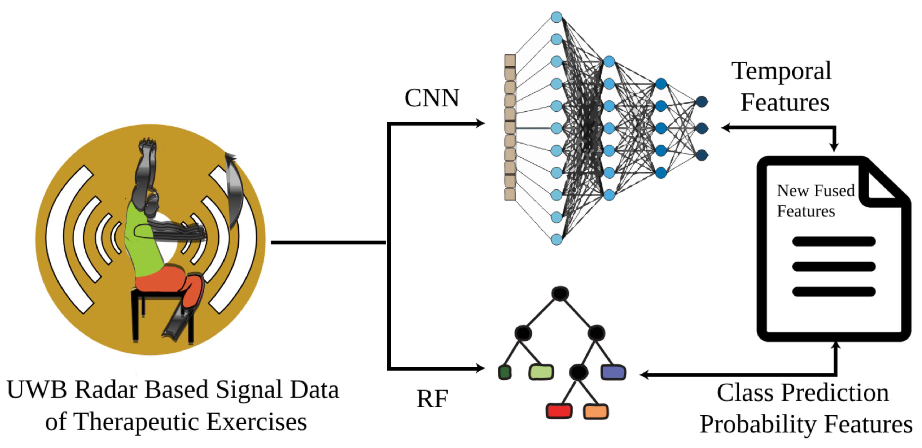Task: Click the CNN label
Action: click(x=432, y=98)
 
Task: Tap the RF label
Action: click(x=432, y=399)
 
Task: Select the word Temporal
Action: click(x=781, y=72)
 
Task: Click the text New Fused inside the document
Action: click(x=815, y=191)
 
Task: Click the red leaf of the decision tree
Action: click(x=559, y=411)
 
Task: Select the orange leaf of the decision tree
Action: click(x=596, y=411)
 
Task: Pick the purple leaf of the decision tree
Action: click(x=613, y=372)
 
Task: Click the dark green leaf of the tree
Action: click(x=504, y=372)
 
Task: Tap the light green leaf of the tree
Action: click(x=541, y=372)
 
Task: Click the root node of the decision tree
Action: click(x=560, y=294)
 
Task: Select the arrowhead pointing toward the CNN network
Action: click(x=480, y=123)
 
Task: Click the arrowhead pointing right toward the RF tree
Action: click(x=480, y=368)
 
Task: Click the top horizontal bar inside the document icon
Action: click(x=833, y=242)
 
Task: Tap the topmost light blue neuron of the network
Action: click(x=556, y=17)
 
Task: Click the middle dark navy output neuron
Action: click(x=701, y=128)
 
